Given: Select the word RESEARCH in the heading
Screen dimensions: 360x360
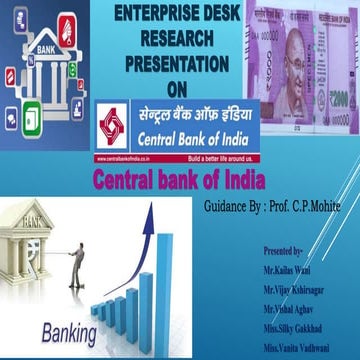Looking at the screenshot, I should (x=179, y=39).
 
